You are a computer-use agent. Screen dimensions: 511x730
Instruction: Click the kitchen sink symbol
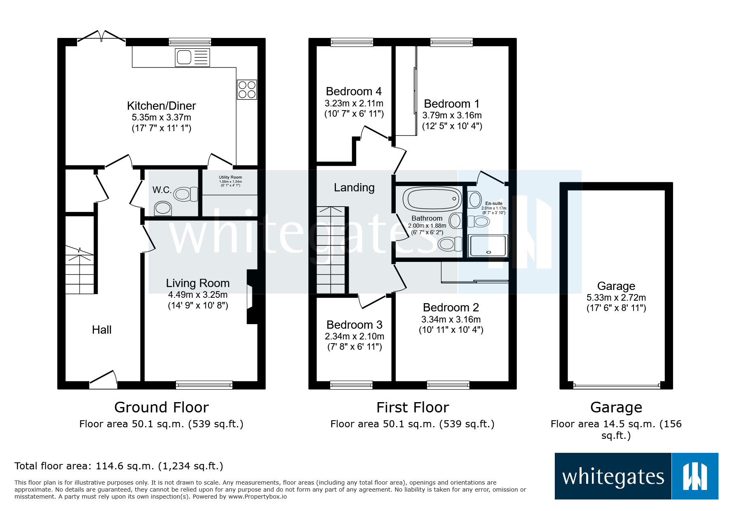192,57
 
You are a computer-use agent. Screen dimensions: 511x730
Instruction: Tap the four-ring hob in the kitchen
247,89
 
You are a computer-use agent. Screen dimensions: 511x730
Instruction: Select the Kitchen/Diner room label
161,106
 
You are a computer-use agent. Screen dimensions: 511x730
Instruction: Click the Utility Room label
230,177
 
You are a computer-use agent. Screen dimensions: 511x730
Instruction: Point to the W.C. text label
162,190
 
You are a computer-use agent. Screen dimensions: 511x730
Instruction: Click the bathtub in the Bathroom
432,199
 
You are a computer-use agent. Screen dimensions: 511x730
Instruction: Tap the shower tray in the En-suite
488,246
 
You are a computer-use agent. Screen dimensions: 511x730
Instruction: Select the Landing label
354,188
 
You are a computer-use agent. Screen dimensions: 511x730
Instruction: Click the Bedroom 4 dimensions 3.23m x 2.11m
354,104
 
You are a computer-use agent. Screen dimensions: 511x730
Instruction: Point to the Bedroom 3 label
354,325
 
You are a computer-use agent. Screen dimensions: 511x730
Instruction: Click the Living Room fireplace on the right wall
251,297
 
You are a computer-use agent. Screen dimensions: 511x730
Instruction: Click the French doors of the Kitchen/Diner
101,37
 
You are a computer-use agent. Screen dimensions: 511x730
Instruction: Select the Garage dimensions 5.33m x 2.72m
616,297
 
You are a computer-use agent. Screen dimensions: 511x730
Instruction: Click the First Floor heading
412,407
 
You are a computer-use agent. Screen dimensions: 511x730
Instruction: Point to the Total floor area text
119,466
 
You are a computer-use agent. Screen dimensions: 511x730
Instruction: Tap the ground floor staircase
80,270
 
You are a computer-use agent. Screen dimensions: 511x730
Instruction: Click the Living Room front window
204,385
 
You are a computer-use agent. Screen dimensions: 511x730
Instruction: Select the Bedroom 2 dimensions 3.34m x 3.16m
451,319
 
